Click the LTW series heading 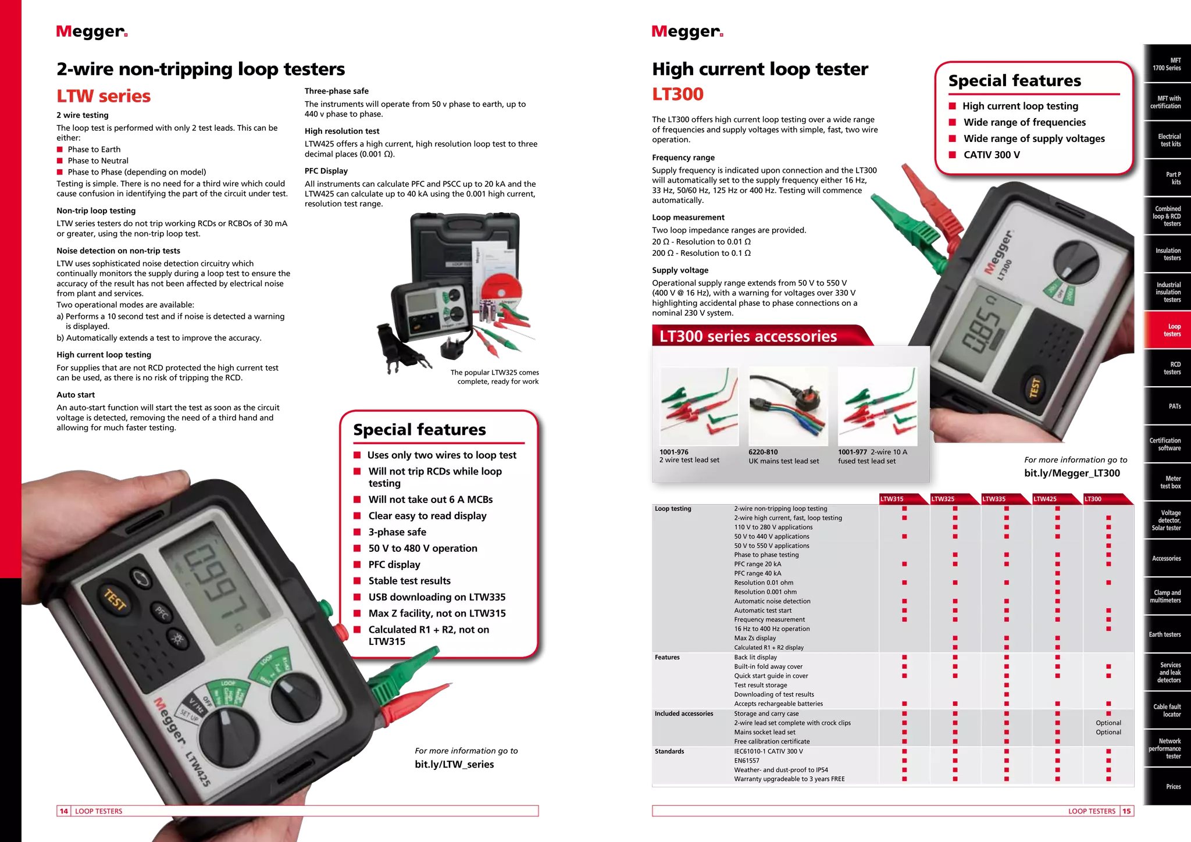[x=104, y=96]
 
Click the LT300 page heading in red [x=678, y=94]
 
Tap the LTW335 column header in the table [x=994, y=499]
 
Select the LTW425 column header [x=1045, y=499]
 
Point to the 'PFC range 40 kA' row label [x=757, y=573]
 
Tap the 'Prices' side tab [x=1173, y=787]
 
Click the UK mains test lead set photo [x=788, y=406]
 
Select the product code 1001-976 [x=674, y=452]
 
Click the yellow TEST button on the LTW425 [x=115, y=600]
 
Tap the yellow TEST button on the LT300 [x=1035, y=388]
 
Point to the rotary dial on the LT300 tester [x=1075, y=263]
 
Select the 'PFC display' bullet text [x=394, y=565]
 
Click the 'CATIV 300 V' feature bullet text [x=992, y=155]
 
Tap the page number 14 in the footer [x=64, y=811]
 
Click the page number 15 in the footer [x=1127, y=811]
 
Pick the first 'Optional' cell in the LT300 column [x=1108, y=723]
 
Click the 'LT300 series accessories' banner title [x=748, y=336]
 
